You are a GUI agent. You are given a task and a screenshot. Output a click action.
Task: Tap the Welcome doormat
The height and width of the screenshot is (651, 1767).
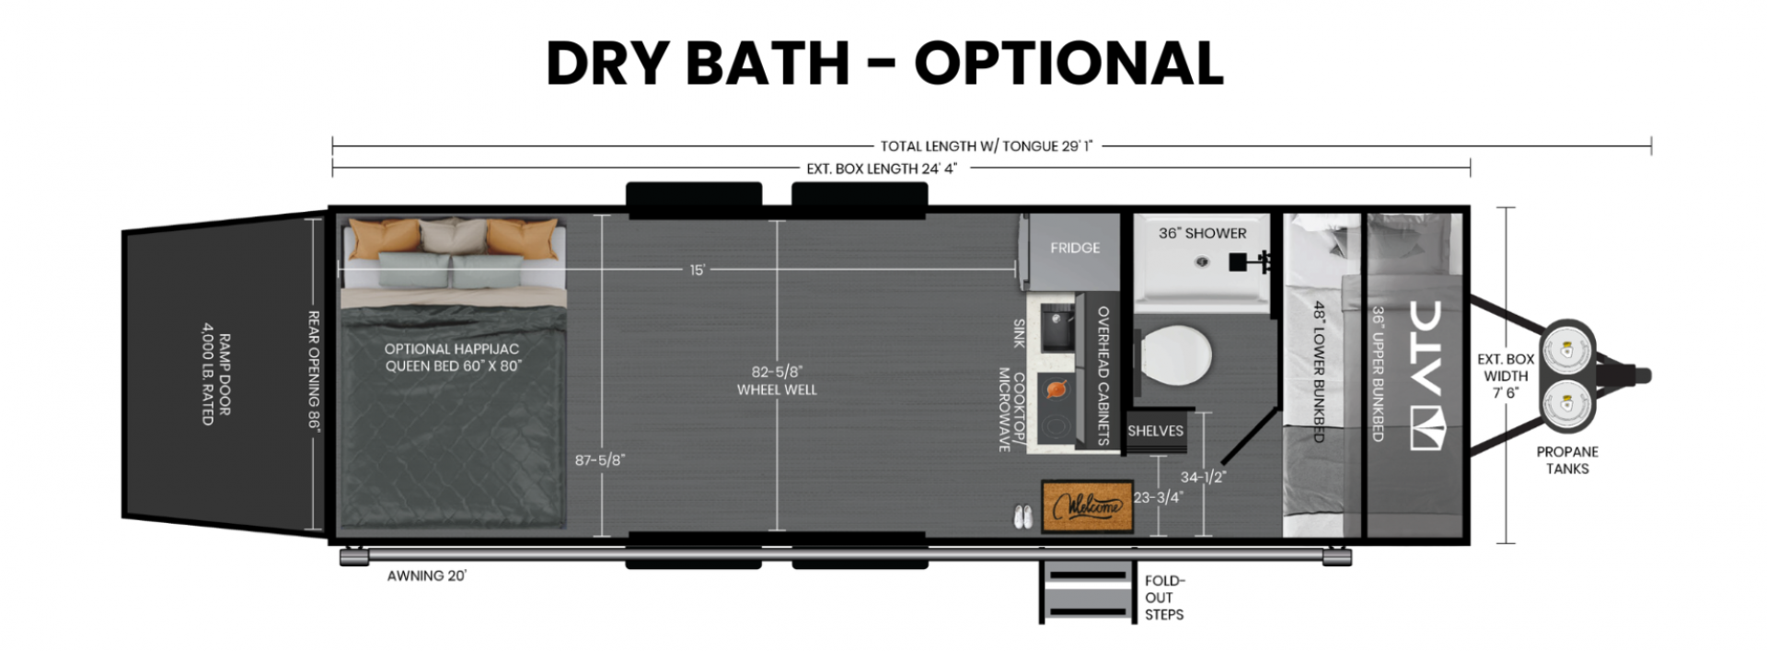1087,506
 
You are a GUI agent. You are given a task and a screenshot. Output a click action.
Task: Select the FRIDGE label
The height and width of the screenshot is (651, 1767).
1075,248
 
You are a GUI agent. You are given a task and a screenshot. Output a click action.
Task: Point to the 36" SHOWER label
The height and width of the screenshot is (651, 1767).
1202,233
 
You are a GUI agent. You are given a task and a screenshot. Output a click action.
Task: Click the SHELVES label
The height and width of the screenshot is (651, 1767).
1155,431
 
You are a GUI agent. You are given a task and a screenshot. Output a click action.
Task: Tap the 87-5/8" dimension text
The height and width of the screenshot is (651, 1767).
599,459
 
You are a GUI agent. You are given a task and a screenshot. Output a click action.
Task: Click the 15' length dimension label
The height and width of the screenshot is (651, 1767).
698,270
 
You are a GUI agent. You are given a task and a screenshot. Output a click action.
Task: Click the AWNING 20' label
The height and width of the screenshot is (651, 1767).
426,575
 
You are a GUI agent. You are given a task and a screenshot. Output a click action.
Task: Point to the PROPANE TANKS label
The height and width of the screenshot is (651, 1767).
1567,459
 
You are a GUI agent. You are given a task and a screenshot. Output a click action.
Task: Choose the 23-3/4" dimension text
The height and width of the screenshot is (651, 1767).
1158,497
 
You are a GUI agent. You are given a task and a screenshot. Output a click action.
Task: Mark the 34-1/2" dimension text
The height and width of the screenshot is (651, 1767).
1204,477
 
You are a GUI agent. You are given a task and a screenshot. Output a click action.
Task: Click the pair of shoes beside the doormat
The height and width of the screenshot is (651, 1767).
1022,517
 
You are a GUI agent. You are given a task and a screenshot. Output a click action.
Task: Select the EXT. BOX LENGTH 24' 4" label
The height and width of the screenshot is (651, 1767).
882,169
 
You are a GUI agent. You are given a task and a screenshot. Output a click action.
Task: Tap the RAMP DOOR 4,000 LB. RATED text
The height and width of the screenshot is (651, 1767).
215,373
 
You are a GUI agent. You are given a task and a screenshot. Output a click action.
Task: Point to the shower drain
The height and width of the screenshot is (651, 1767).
1202,262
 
